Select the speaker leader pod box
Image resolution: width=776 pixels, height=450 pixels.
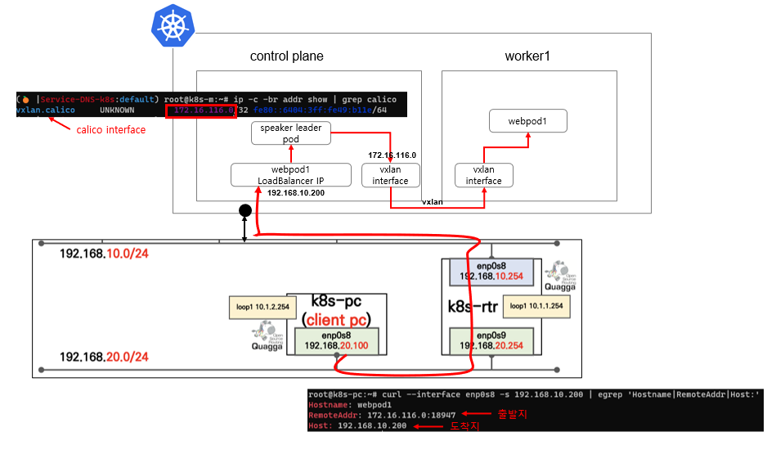(x=290, y=133)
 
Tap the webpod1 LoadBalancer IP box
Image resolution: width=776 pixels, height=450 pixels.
(x=290, y=174)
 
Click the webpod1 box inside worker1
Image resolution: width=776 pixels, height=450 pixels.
(x=527, y=122)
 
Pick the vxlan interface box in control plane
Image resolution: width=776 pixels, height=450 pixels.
(x=390, y=174)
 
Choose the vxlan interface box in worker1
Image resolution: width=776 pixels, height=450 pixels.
(x=484, y=174)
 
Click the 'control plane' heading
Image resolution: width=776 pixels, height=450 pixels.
(x=286, y=56)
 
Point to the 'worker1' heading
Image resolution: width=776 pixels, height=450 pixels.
(x=528, y=56)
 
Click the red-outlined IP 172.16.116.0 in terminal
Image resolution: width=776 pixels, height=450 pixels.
(x=201, y=110)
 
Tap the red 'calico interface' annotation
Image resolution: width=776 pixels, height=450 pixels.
(x=111, y=129)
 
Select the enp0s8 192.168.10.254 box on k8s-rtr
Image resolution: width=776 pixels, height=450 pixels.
(x=492, y=272)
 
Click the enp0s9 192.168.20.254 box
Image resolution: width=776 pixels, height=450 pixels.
(x=492, y=340)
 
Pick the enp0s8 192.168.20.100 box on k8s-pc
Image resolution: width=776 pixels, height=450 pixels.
(x=339, y=340)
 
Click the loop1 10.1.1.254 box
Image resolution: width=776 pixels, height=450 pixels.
(x=537, y=306)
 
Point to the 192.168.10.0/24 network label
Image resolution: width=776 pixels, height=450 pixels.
(x=104, y=254)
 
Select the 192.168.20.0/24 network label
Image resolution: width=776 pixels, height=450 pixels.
(x=104, y=357)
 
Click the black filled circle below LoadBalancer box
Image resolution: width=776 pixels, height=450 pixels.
(x=244, y=211)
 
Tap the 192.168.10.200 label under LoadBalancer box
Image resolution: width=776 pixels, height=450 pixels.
(x=296, y=193)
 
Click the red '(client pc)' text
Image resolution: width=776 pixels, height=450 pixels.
(x=337, y=319)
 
